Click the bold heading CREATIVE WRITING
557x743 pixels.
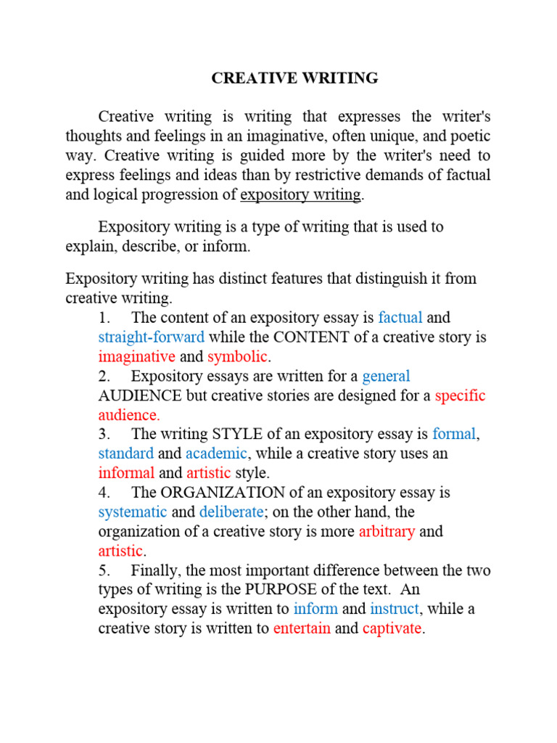pos(294,78)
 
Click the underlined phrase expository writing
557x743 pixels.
pos(300,194)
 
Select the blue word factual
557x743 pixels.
pos(400,318)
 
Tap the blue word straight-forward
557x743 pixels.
pos(151,337)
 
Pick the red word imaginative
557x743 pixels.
pos(136,356)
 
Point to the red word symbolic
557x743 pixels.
pos(238,356)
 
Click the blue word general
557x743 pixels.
pos(386,376)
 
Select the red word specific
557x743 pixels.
pos(460,395)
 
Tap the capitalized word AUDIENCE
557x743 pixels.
pos(140,395)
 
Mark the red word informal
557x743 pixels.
pos(126,473)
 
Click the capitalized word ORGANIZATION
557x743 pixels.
pos(230,493)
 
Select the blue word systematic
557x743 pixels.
pos(133,512)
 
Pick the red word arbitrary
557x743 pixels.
pos(387,531)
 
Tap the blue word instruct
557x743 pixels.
pos(395,609)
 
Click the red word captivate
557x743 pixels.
pos(392,628)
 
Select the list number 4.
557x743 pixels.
pos(103,493)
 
